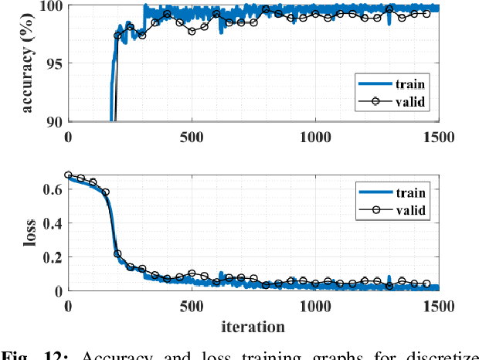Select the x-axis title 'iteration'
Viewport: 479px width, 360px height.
coord(252,326)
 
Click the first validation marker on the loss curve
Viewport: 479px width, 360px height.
coord(68,175)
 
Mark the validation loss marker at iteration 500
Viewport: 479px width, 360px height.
coord(192,273)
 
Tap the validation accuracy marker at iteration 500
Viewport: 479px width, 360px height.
coord(192,30)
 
